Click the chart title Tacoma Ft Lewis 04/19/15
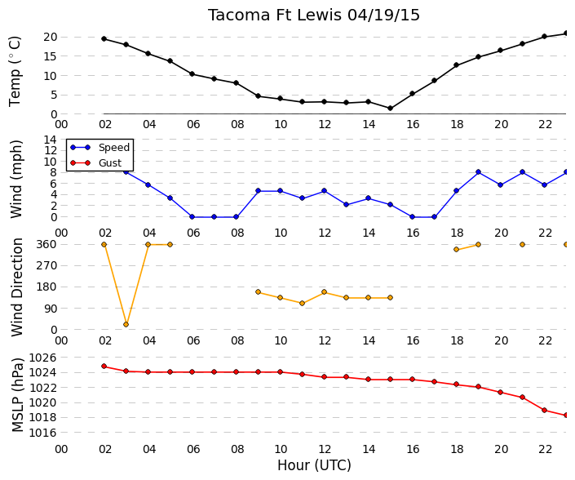(314, 16)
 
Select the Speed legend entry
(100, 148)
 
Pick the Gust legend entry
(95, 163)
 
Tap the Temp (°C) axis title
(15, 71)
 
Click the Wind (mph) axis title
(16, 179)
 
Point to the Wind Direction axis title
(17, 287)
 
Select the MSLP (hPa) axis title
(17, 394)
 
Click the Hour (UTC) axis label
(314, 465)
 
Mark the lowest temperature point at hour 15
(390, 109)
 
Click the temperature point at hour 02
(104, 39)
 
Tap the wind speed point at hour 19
(478, 172)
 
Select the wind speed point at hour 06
(192, 217)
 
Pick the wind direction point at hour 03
(126, 324)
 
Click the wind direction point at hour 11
(302, 303)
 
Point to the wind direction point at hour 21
(522, 244)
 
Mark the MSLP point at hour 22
(544, 411)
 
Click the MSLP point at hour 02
(104, 367)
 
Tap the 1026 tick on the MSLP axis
(42, 358)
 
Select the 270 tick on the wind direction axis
(47, 265)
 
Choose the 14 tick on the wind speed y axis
(51, 140)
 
